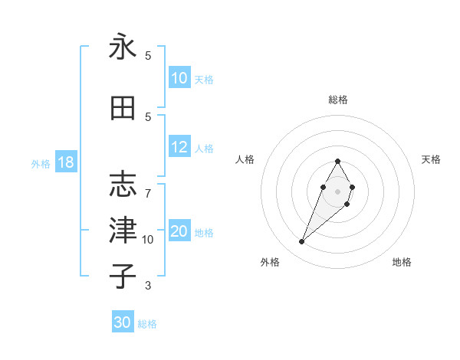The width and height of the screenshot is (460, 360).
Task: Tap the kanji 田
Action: point(123,109)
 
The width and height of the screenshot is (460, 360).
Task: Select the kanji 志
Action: point(123,185)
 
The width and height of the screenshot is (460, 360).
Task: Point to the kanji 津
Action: point(123,230)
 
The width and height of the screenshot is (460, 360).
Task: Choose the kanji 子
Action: point(123,276)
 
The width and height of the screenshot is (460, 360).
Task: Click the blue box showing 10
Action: point(179,78)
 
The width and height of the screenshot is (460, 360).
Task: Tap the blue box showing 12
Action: point(179,148)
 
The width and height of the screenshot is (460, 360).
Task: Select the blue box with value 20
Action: point(179,232)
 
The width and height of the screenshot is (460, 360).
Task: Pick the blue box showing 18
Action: point(66,162)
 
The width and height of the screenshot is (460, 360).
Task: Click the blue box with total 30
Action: point(123,322)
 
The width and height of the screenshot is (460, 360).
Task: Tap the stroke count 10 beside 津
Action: point(148,240)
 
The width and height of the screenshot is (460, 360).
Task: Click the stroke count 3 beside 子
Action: point(148,286)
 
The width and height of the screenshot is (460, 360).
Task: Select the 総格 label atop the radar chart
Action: point(338,100)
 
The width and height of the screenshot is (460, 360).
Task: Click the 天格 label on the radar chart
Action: point(431,159)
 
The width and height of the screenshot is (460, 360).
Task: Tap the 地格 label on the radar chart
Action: point(402,262)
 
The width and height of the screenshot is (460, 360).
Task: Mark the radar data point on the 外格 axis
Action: point(301,242)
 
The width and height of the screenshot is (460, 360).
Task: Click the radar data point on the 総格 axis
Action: point(338,161)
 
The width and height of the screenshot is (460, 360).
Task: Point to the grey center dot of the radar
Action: point(338,191)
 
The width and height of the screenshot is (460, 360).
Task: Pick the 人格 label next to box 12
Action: point(204,149)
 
